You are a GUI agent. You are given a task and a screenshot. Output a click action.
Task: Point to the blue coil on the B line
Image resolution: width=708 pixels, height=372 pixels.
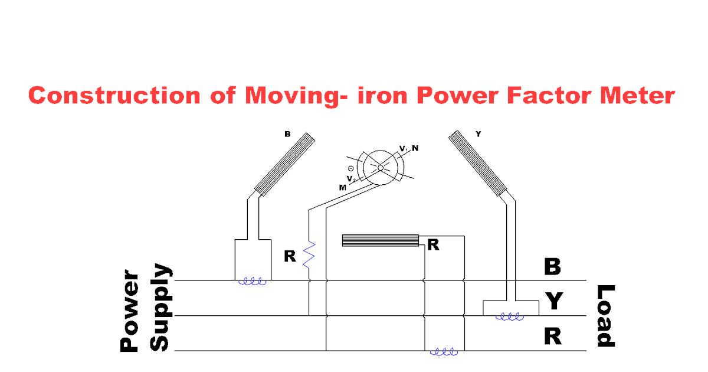point(253,282)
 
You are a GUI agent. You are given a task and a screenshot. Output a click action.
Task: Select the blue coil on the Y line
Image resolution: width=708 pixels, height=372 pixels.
point(510,317)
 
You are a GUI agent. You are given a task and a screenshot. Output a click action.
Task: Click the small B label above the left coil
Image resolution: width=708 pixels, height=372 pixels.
point(287,135)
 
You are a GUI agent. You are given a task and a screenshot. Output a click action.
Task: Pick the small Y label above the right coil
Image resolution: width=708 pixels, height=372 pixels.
point(478,134)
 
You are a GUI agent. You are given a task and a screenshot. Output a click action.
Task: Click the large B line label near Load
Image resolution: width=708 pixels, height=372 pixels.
point(552,267)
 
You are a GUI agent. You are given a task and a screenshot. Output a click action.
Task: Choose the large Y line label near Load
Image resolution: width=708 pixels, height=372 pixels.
point(553,302)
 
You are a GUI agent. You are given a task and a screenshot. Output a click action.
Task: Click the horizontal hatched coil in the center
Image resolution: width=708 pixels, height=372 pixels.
point(381,240)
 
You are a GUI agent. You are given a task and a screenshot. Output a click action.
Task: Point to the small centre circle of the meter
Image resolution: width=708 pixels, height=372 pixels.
point(381,168)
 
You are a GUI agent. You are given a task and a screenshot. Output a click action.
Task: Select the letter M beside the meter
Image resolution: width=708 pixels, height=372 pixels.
point(342,187)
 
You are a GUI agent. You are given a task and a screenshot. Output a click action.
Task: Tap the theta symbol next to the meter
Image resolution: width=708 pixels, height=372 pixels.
point(350,169)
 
